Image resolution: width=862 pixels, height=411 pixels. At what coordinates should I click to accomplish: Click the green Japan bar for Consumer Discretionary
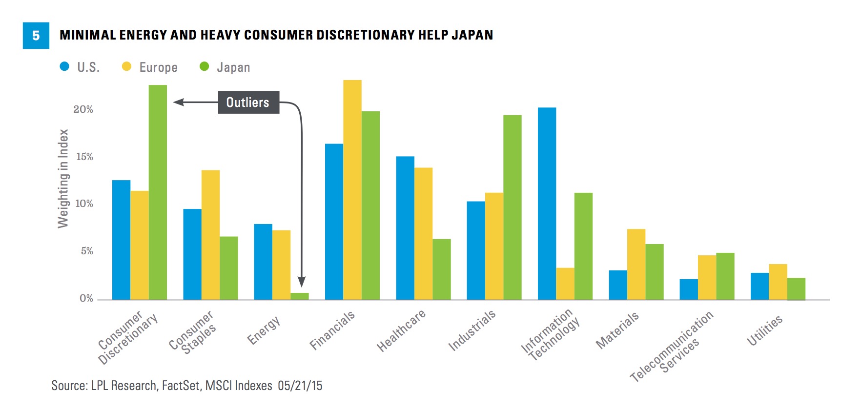pyautogui.click(x=158, y=192)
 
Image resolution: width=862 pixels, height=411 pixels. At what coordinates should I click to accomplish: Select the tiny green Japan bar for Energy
pyautogui.click(x=300, y=296)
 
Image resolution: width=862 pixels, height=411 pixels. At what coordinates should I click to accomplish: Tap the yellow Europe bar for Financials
pyautogui.click(x=352, y=190)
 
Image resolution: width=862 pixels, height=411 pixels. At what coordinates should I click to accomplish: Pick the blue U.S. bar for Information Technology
pyautogui.click(x=547, y=204)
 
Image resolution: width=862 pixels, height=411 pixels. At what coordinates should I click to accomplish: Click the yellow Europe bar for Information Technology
pyautogui.click(x=565, y=284)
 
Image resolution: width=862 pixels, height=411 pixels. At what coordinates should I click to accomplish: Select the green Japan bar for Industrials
pyautogui.click(x=513, y=207)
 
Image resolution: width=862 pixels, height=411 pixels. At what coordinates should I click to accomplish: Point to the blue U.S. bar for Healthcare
pyautogui.click(x=405, y=228)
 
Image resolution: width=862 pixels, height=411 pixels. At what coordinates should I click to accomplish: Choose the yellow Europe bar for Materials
pyautogui.click(x=636, y=264)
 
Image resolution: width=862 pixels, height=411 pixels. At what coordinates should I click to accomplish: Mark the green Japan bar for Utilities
pyautogui.click(x=796, y=288)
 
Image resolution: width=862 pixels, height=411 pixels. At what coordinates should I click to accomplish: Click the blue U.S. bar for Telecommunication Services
pyautogui.click(x=689, y=289)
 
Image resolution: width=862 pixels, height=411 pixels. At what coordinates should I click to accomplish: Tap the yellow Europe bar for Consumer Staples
pyautogui.click(x=210, y=235)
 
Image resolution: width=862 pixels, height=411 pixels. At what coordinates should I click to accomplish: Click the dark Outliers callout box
pyautogui.click(x=248, y=102)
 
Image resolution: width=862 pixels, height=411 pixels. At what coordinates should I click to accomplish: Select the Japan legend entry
pyautogui.click(x=225, y=67)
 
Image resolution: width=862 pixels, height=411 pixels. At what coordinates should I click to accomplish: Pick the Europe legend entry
pyautogui.click(x=150, y=67)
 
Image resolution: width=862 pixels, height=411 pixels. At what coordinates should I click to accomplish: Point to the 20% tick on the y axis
pyautogui.click(x=83, y=109)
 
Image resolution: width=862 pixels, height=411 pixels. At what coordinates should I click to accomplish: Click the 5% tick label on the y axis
pyautogui.click(x=86, y=251)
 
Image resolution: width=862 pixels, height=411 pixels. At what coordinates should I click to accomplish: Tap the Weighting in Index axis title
pyautogui.click(x=63, y=178)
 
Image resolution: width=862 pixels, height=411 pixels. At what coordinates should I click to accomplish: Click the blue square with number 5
pyautogui.click(x=36, y=35)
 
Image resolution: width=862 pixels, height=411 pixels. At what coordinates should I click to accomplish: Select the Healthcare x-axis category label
pyautogui.click(x=401, y=330)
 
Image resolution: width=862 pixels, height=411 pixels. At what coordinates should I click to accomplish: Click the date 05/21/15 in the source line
pyautogui.click(x=300, y=386)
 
